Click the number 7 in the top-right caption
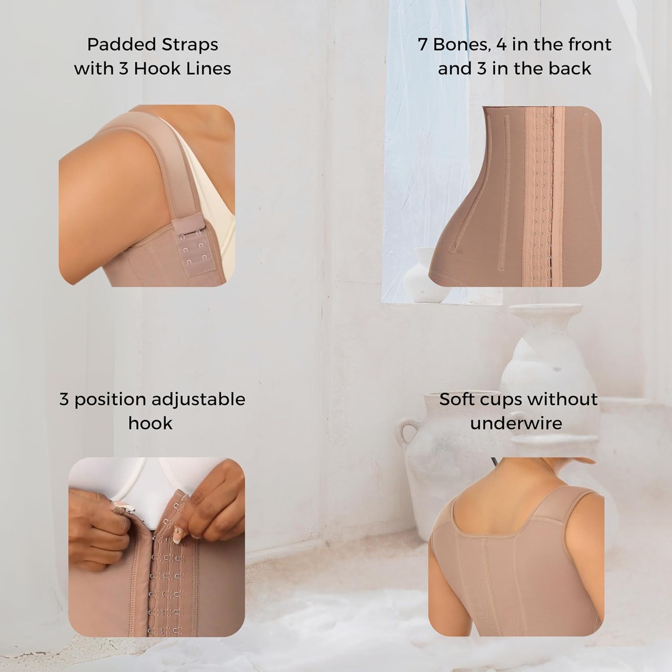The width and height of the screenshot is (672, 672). tap(422, 44)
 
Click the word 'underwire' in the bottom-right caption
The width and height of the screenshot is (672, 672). tap(516, 423)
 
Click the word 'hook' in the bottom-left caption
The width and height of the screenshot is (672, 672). tap(151, 423)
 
